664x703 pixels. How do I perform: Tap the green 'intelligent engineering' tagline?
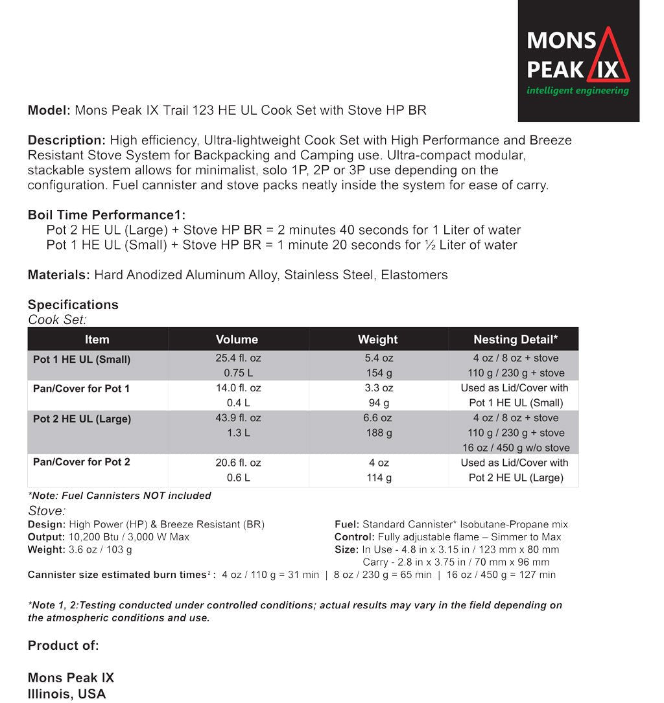(x=578, y=91)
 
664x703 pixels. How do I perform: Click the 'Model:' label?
(x=49, y=110)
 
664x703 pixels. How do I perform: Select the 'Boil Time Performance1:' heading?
(x=106, y=215)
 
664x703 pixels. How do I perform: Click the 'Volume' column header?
(x=237, y=340)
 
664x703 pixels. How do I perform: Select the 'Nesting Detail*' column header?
(x=516, y=340)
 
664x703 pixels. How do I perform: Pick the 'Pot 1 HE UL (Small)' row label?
(x=82, y=359)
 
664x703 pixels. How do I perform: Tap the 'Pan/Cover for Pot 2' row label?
(x=82, y=462)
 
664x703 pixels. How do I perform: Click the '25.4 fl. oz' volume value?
(x=239, y=358)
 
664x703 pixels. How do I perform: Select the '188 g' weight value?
(x=379, y=433)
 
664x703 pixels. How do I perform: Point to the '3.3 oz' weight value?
(x=379, y=388)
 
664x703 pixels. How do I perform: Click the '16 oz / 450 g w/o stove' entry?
(x=516, y=448)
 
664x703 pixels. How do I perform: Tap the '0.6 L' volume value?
(x=238, y=478)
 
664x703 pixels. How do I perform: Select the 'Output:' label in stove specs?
(x=47, y=537)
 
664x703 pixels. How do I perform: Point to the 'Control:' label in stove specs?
(x=354, y=537)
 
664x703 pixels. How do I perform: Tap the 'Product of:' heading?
(x=64, y=646)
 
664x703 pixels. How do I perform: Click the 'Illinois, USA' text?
(x=67, y=694)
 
